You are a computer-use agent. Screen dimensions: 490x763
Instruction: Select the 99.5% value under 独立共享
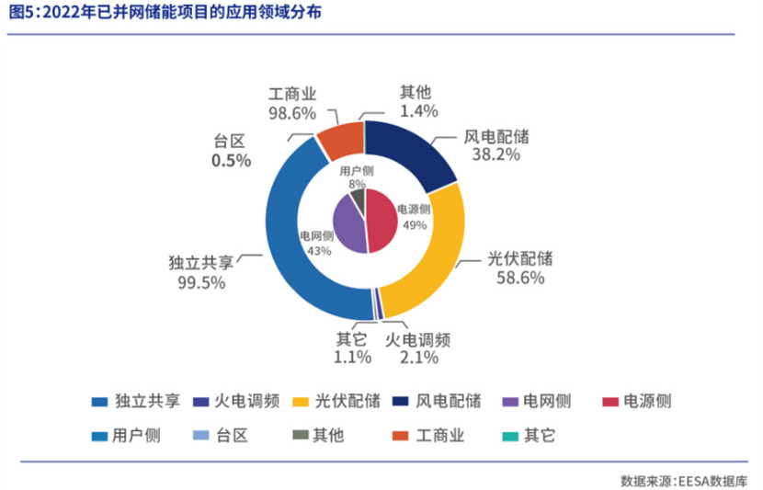click(201, 282)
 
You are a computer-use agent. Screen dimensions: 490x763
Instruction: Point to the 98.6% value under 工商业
click(292, 113)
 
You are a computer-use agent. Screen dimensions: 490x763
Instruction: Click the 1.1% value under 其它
click(352, 357)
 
